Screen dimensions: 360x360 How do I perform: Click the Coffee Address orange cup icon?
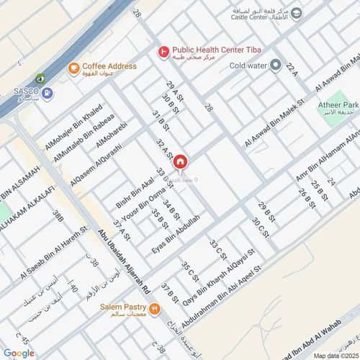point(72,68)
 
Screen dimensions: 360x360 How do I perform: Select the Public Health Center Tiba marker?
point(164,52)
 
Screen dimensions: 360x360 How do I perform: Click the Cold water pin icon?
point(275,66)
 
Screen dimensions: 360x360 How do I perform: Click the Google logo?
point(19,353)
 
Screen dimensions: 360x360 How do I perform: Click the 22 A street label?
point(291,70)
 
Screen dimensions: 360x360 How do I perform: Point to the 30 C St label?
point(260,229)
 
